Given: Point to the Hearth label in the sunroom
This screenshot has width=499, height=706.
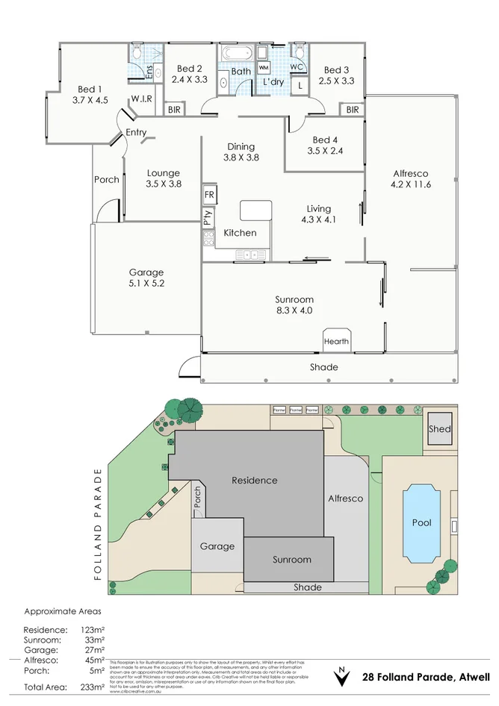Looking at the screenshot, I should [336, 342].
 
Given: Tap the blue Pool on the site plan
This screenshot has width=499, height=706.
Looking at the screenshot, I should [421, 522].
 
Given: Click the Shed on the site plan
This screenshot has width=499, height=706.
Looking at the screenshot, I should [440, 429].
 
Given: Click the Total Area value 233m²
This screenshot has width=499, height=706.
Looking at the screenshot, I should [93, 687].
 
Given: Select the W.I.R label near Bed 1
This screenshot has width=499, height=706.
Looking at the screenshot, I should [142, 99].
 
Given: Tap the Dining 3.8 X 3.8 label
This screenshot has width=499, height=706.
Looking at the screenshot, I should [239, 152].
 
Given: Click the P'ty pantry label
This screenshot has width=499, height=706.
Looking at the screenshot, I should [208, 217].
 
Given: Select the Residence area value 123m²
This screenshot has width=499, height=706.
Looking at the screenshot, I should [93, 631].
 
